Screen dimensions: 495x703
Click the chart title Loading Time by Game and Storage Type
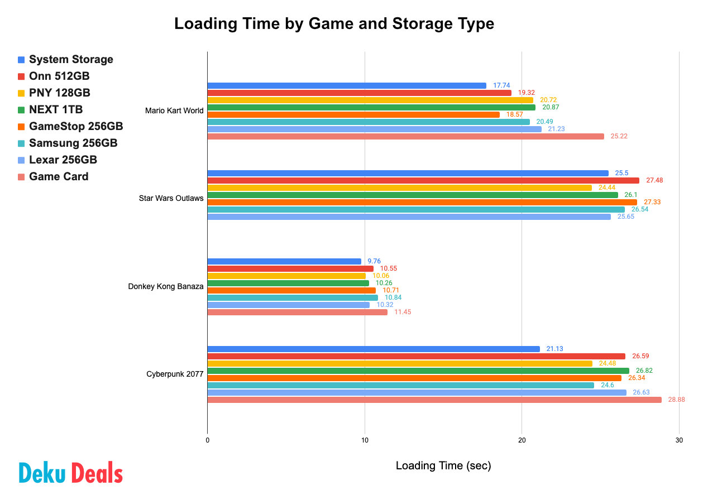[334, 24]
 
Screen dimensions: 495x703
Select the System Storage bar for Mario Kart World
[346, 85]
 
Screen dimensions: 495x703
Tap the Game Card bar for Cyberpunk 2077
[434, 400]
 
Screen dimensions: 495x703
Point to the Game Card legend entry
[59, 176]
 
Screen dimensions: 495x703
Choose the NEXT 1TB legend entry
[56, 109]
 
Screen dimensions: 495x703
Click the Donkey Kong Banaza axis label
[165, 287]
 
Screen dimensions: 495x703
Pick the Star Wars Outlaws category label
[171, 198]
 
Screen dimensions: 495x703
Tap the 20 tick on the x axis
[522, 440]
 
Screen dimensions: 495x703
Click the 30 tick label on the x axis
[678, 440]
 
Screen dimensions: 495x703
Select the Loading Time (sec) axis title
[443, 465]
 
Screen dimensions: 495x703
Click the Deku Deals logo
[71, 473]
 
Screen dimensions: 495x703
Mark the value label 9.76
[374, 261]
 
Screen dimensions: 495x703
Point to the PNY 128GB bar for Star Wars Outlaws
[399, 188]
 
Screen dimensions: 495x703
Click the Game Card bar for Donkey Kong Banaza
[297, 312]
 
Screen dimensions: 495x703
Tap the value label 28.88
[677, 400]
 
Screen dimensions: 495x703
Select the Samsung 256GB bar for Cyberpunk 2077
[400, 385]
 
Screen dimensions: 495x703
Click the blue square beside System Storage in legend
[21, 60]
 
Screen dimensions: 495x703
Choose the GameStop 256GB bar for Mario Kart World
[353, 114]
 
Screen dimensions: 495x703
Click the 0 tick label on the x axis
[207, 440]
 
